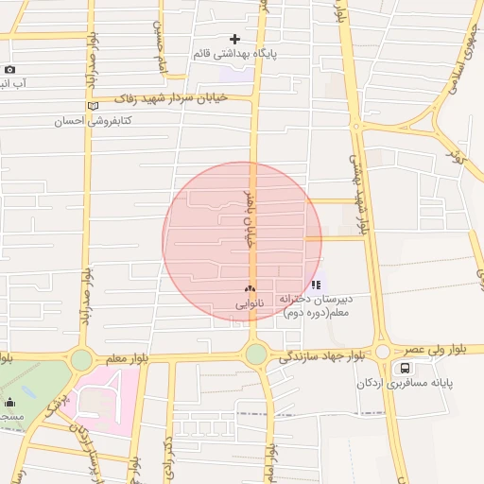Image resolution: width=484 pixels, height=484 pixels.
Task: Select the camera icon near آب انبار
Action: [x=9, y=69]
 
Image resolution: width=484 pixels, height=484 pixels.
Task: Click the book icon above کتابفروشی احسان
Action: [x=92, y=106]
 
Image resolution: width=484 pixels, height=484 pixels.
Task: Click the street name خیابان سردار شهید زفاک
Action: [x=180, y=97]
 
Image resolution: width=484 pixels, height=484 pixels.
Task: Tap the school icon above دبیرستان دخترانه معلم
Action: [x=316, y=284]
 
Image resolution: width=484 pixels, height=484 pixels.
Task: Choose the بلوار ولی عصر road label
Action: [x=441, y=349]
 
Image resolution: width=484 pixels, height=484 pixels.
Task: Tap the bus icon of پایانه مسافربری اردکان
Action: [x=405, y=367]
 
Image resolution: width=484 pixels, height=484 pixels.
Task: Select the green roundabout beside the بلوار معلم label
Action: [x=81, y=359]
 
